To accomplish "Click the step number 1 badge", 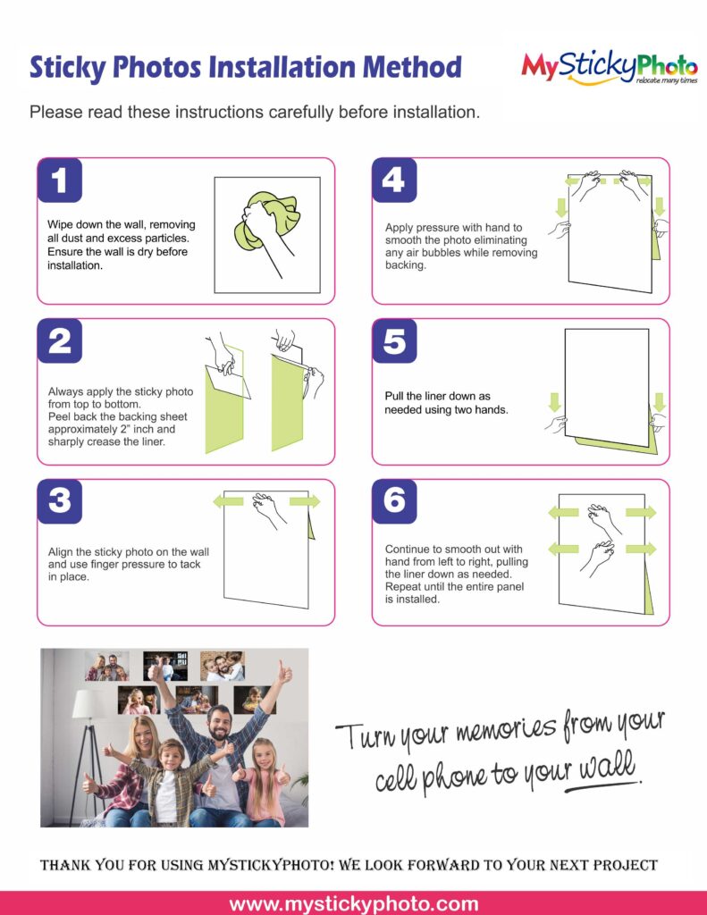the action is (x=60, y=180).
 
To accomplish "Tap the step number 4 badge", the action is (x=394, y=180).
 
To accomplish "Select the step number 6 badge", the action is (x=394, y=501).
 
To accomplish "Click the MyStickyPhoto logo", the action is (x=610, y=67).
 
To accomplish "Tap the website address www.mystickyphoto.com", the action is (x=354, y=904).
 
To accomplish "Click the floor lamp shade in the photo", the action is (x=89, y=704).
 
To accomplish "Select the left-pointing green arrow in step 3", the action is (x=228, y=501).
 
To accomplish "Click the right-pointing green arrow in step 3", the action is (x=305, y=501).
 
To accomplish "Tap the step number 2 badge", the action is (x=60, y=340).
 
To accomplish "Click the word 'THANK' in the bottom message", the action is (x=65, y=865).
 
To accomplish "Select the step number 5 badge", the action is (x=394, y=340).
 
